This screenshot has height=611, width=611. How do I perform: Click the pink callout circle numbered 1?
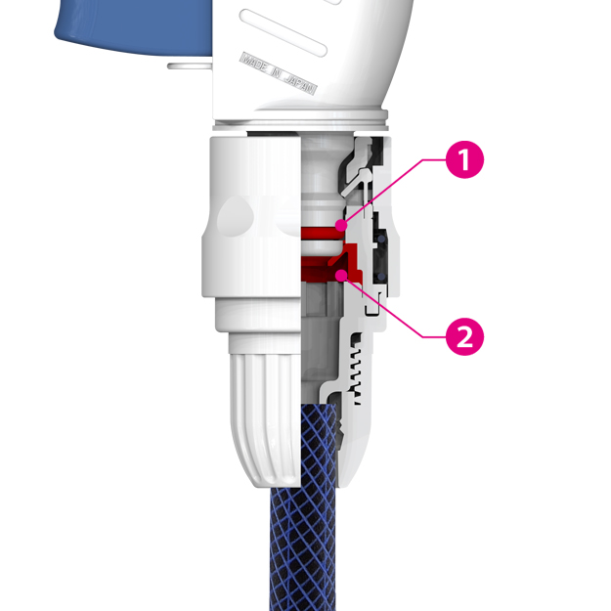coord(464,159)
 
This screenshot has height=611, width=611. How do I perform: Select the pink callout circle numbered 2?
coord(464,336)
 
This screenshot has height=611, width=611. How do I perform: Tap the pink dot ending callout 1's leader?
coord(341,225)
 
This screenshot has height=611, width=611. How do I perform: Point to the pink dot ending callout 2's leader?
coord(341,275)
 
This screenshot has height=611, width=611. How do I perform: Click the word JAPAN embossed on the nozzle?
coord(300,84)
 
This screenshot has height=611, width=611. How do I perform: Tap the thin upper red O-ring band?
coord(323,234)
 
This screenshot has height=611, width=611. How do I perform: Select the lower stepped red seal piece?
coord(332,263)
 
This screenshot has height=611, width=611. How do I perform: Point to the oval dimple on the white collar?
coord(236,215)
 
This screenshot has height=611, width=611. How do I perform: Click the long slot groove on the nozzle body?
coord(284,33)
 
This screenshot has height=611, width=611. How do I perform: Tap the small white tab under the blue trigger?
coord(190,65)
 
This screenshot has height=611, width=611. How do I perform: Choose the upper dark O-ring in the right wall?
coord(380,238)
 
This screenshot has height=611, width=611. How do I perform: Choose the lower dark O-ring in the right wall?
coord(380,277)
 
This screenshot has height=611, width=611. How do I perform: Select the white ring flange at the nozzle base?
coord(300,121)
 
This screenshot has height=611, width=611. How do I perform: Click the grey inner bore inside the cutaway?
coord(321,343)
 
